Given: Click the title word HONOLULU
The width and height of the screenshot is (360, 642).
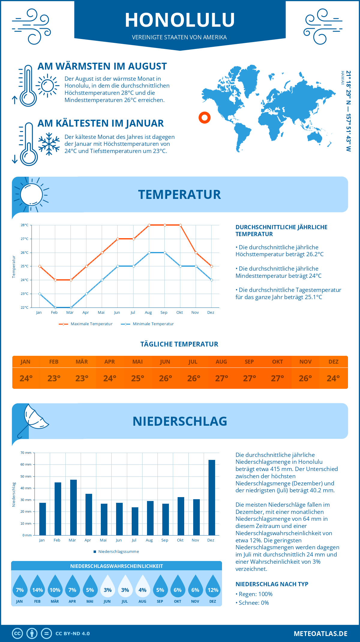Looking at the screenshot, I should click(180, 20).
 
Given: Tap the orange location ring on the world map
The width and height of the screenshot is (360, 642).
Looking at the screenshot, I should click(205, 117).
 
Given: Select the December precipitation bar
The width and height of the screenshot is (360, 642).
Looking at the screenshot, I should click(211, 497).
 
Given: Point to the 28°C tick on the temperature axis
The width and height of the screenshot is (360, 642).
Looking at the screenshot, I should click(25, 225).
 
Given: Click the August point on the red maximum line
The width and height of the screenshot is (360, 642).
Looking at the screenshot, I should click(149, 225).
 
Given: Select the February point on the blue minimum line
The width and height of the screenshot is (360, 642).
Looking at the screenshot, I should click(55, 307).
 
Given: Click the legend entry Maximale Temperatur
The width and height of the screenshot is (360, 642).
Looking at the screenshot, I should click(91, 324).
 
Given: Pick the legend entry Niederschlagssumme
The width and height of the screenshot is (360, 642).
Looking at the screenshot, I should click(118, 551).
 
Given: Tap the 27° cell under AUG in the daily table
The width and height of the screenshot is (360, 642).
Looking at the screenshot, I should click(221, 378).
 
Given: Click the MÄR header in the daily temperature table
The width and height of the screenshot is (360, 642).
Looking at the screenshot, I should click(82, 362).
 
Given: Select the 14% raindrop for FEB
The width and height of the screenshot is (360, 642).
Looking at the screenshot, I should click(37, 588).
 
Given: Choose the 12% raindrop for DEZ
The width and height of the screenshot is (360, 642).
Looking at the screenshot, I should click(213, 588).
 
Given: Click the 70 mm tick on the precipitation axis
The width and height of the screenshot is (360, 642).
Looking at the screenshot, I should click(26, 453).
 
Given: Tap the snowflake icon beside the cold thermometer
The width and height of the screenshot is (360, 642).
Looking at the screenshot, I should click(49, 144).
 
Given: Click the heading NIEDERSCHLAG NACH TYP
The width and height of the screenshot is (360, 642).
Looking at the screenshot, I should click(271, 584).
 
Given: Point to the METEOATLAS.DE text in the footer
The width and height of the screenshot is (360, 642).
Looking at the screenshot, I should click(320, 634).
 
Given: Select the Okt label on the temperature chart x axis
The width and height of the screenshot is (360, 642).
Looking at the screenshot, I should click(179, 313).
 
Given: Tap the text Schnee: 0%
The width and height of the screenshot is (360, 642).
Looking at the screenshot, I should click(253, 603).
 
